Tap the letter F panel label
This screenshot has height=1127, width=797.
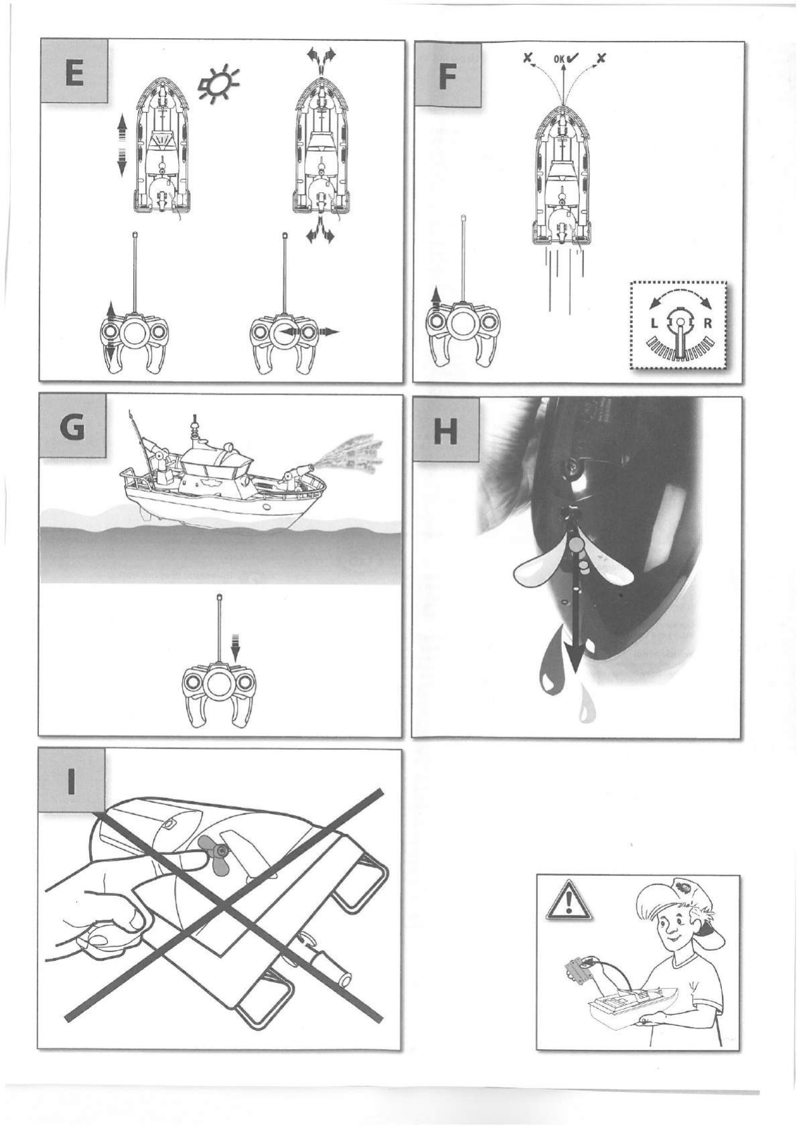point(447,76)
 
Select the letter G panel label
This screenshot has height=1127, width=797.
point(72,429)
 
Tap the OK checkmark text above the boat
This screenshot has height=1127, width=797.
point(565,59)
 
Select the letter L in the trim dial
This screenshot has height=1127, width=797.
point(653,324)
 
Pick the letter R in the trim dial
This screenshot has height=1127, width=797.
point(707,324)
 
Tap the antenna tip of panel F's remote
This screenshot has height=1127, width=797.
point(463,217)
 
